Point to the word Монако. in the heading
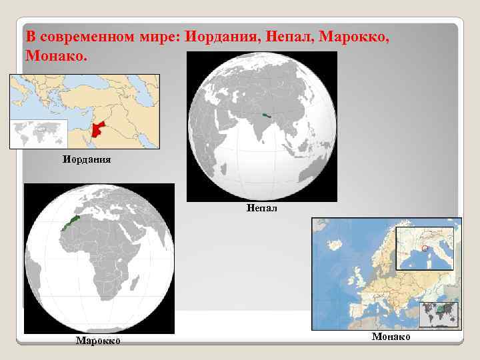pyautogui.click(x=56, y=55)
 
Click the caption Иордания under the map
pyautogui.click(x=87, y=159)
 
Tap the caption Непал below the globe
pyautogui.click(x=261, y=208)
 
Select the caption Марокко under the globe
pyautogui.click(x=97, y=341)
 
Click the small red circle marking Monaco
pyautogui.click(x=425, y=249)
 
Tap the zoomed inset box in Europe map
pyautogui.click(x=424, y=249)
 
